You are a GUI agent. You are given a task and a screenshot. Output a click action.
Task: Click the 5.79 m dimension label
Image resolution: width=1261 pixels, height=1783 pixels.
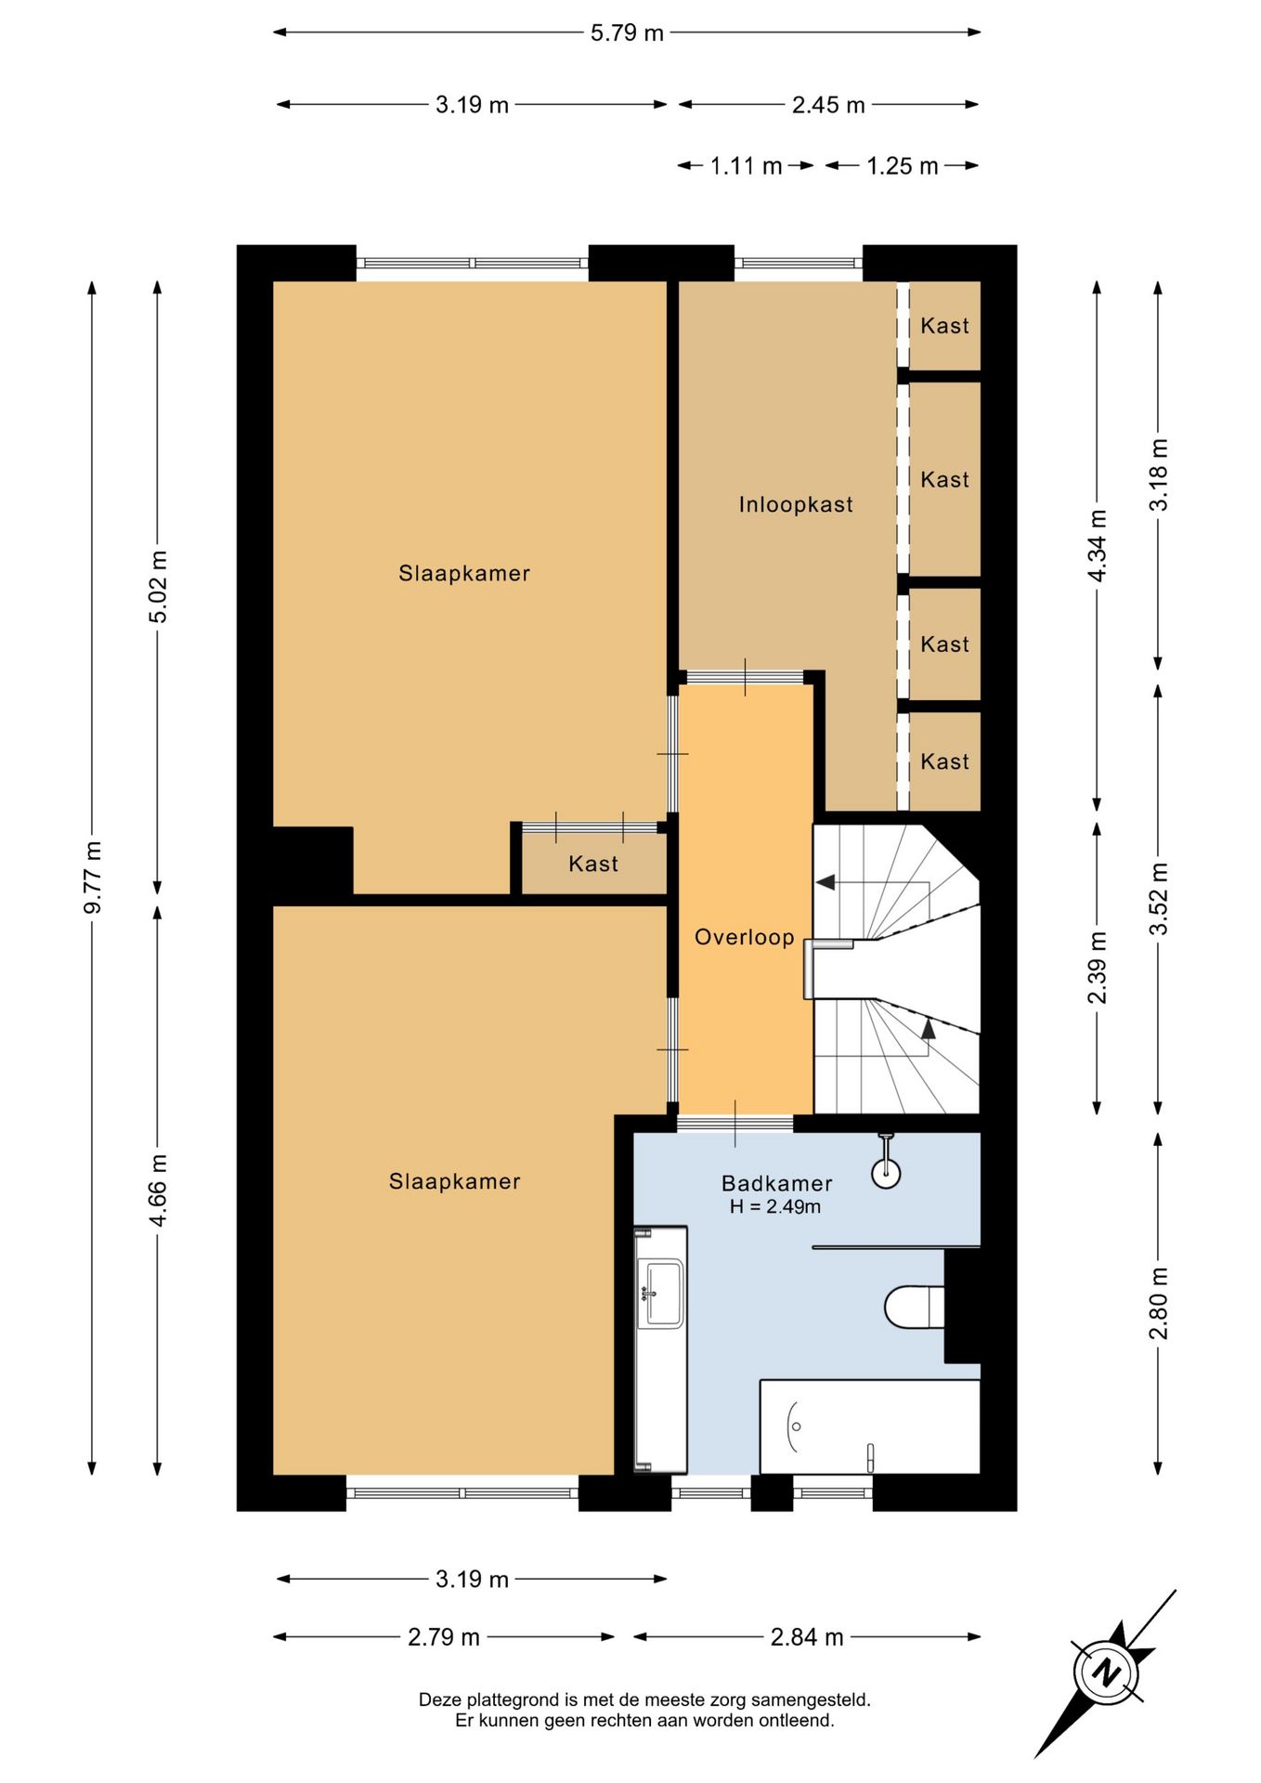627,33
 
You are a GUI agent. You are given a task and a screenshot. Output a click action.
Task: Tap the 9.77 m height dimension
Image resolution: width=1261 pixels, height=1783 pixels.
93,877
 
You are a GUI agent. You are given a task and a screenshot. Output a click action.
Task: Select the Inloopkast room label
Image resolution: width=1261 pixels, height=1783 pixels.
796,504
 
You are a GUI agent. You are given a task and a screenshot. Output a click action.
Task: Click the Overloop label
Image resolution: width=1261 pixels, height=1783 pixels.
745,937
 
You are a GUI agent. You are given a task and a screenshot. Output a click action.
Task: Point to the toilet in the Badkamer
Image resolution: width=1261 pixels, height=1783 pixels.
915,1307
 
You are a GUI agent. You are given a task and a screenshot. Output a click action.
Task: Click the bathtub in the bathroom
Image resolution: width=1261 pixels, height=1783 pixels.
870,1426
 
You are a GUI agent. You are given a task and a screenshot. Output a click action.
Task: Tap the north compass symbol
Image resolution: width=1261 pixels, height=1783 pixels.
1106,1672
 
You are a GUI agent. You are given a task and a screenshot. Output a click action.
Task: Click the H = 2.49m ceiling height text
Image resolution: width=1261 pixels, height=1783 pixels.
775,1207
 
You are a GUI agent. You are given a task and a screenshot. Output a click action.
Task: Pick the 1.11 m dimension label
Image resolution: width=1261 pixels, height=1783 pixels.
746,166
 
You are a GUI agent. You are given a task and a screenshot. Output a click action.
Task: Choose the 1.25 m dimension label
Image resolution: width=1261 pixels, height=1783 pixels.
902,166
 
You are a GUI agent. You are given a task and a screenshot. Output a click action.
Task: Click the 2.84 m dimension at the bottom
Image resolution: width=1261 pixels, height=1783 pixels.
807,1637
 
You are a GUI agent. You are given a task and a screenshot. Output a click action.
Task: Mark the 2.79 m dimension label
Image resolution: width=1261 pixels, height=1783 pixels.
444,1637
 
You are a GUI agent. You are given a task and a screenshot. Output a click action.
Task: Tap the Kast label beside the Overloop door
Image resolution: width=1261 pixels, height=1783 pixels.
593,864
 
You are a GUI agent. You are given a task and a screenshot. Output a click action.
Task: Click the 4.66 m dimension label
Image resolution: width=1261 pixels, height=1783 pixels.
159,1191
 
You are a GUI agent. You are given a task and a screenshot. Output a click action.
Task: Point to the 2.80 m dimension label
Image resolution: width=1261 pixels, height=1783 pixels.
1159,1304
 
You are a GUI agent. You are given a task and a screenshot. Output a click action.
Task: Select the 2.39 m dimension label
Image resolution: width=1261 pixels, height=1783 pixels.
1098,968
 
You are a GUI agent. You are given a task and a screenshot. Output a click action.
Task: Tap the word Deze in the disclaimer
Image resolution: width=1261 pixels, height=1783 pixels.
439,1700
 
